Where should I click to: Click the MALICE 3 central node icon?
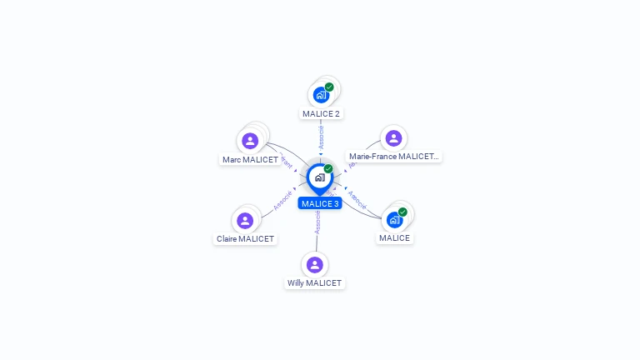click(319, 177)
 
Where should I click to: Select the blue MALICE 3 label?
click(320, 203)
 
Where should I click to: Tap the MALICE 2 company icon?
click(321, 95)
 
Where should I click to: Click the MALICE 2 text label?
click(321, 113)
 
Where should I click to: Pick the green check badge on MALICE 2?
click(329, 87)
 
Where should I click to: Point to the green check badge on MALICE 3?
click(328, 168)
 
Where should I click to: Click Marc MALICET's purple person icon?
click(249, 141)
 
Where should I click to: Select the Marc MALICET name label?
click(250, 159)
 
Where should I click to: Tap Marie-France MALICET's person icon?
click(393, 138)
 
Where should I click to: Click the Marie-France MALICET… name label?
click(393, 156)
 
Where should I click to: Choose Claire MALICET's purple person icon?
click(245, 221)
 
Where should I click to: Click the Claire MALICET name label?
click(245, 238)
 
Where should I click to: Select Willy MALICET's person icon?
click(314, 265)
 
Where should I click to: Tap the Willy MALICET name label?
click(314, 282)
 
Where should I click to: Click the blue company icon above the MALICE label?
click(394, 220)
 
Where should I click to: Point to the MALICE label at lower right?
click(394, 237)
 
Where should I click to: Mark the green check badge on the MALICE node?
click(402, 212)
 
